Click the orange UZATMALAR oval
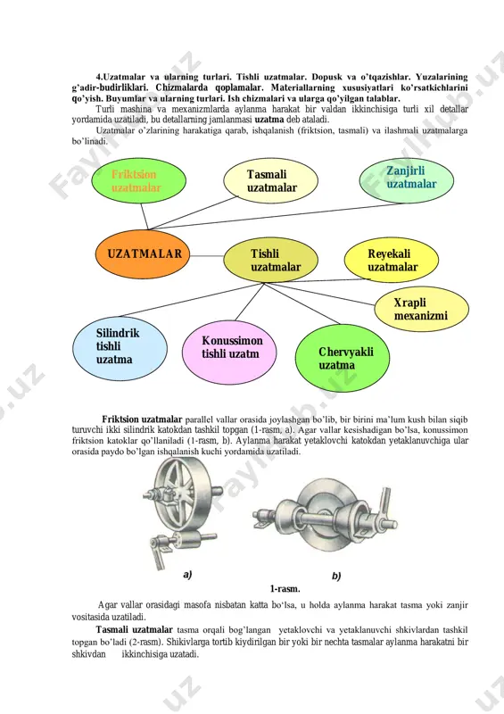pos(143,254)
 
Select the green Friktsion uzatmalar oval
pos(139,181)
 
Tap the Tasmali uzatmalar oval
pos(271,181)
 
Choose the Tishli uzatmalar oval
pos(271,260)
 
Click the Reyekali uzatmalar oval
pos(392,260)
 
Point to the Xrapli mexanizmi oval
pos(422,309)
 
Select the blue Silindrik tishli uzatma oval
pos(120,348)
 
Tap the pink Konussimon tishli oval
pos(229,353)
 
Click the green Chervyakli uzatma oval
pos(343,358)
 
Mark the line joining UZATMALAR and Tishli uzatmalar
pos(207,256)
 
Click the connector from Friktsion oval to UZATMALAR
pos(145,216)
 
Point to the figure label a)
pos(187,575)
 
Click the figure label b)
pos(336,576)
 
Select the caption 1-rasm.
pos(285,589)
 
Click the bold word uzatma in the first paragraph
pos(269,120)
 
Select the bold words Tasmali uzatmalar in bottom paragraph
pos(135,630)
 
